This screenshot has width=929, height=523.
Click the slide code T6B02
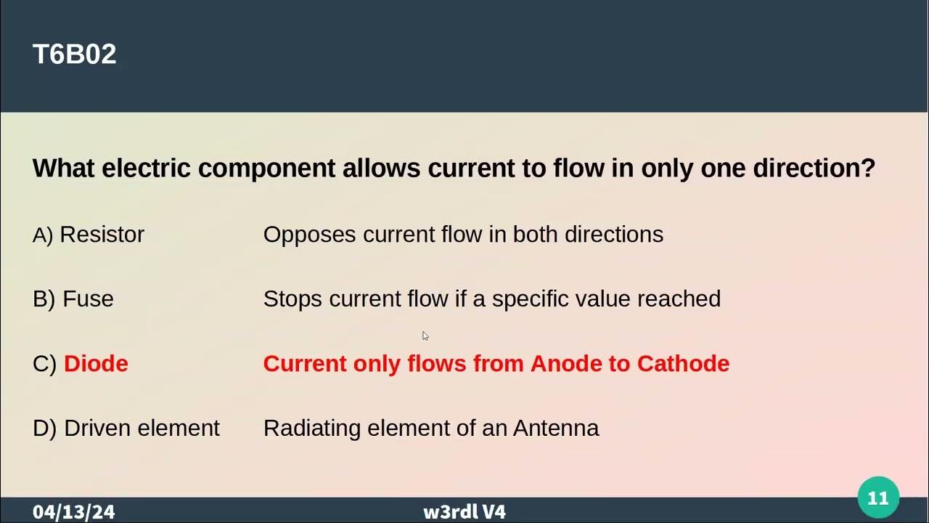(x=74, y=54)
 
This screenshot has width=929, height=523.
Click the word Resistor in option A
(x=102, y=235)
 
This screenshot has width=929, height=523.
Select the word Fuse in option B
(x=88, y=299)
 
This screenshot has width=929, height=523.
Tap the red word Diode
(x=96, y=364)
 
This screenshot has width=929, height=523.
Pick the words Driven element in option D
(x=142, y=429)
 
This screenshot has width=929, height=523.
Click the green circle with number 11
(x=878, y=498)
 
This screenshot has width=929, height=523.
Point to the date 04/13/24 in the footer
(x=73, y=512)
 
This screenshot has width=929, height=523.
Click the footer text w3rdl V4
(x=464, y=512)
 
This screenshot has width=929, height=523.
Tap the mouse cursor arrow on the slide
(x=425, y=336)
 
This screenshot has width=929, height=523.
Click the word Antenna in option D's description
(x=556, y=429)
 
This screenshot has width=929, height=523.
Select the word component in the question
(x=266, y=169)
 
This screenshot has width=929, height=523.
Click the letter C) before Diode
(x=44, y=364)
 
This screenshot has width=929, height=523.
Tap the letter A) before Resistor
(x=43, y=235)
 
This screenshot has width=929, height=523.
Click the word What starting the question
(x=64, y=169)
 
